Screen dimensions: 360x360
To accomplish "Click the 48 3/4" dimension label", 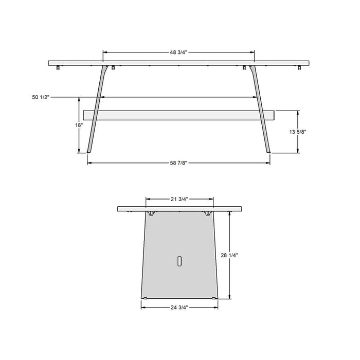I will coord(178,52).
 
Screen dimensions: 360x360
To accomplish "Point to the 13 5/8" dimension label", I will coord(298,132).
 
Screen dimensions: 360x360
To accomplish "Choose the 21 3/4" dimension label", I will coord(179,199).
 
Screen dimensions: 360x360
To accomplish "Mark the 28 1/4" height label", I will coord(229,255).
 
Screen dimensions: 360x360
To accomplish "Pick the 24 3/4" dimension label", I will coord(179,307).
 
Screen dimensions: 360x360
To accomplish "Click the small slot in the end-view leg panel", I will coord(179,261).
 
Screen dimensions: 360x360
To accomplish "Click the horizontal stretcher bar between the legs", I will coord(178,115).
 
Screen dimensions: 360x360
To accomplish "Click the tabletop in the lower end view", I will coord(179,209).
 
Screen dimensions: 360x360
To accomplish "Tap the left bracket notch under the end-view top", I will coord(152,213).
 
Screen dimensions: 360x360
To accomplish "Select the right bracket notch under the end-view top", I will coord(207,213).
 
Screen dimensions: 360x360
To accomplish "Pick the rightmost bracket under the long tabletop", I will coord(299,67).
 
